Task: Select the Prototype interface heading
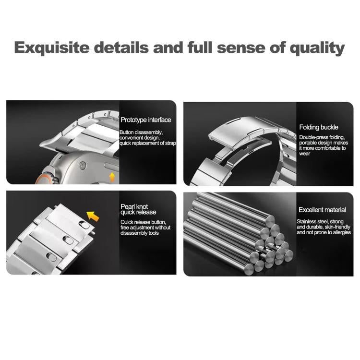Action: [x=145, y=120]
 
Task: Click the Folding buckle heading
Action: [x=318, y=127]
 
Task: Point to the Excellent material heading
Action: [x=322, y=210]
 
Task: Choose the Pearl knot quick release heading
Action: [x=139, y=209]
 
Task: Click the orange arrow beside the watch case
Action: [x=112, y=177]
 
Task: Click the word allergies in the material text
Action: [x=339, y=232]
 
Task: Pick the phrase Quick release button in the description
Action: [x=143, y=222]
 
